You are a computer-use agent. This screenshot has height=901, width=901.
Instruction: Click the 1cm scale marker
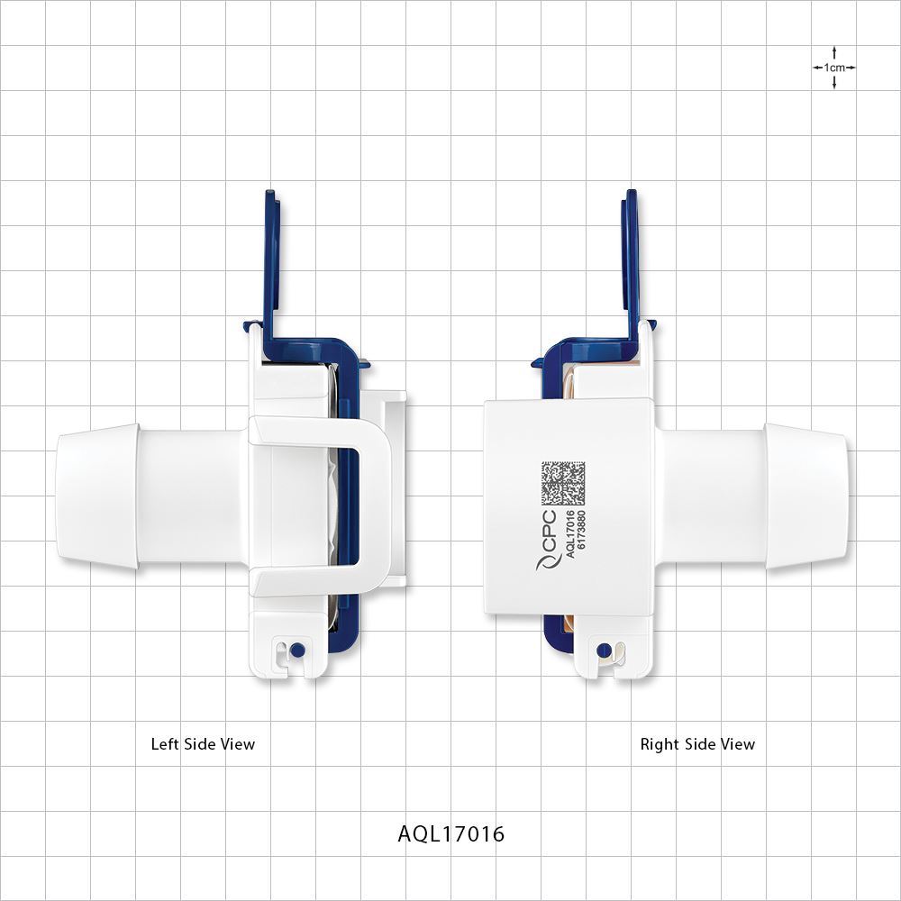[833, 68]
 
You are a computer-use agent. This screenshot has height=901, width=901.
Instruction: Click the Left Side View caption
[203, 744]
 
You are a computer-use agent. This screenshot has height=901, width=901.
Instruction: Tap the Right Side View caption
[697, 744]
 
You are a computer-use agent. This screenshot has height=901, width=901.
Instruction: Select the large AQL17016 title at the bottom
[451, 833]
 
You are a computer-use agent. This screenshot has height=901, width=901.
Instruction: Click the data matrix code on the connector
[563, 484]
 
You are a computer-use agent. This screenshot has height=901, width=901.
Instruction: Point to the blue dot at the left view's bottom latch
[298, 648]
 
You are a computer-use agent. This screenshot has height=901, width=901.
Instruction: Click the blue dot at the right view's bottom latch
[604, 648]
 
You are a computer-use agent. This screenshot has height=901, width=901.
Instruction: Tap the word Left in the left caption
[166, 744]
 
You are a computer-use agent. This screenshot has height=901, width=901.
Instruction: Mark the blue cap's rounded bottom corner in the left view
[348, 644]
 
